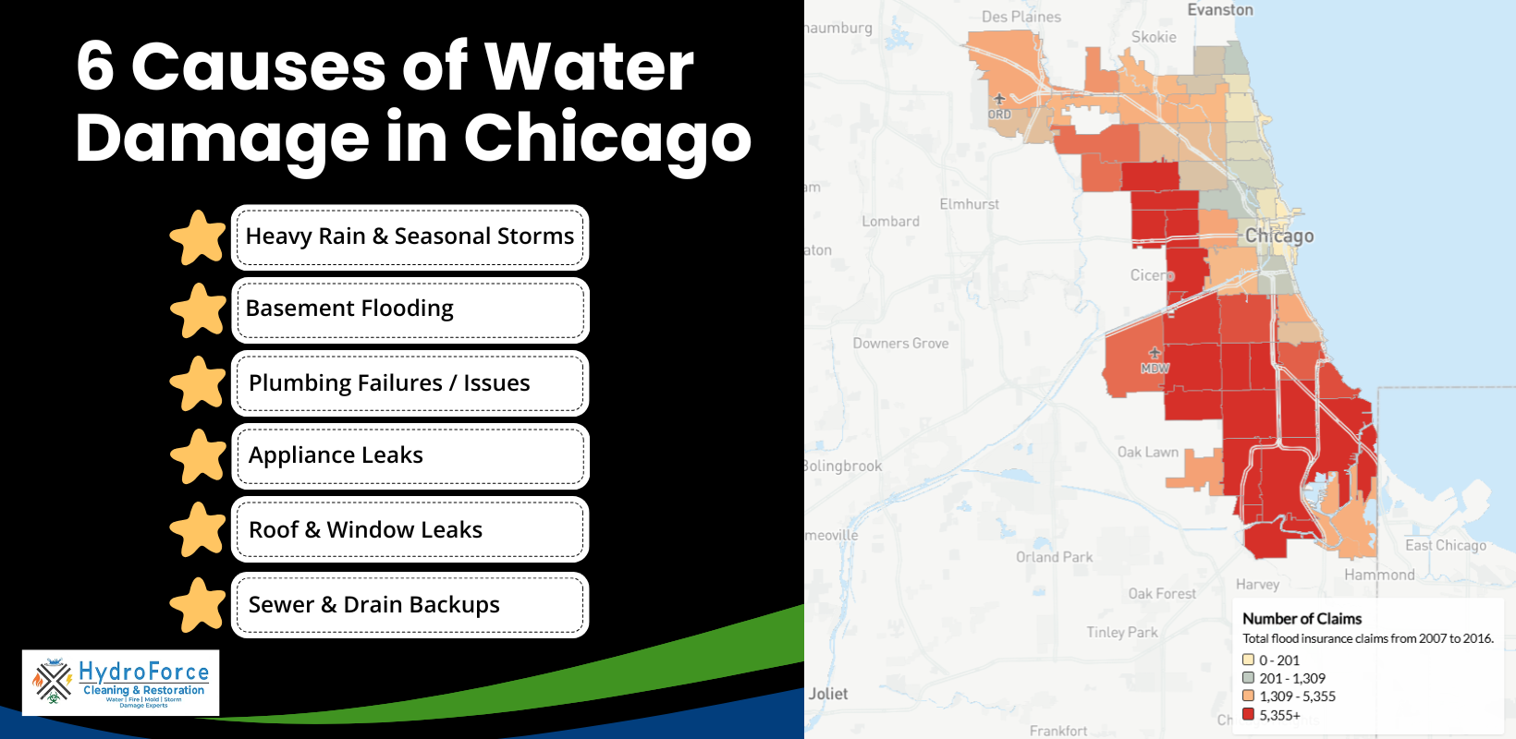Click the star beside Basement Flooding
(x=199, y=310)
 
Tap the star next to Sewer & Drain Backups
(x=199, y=605)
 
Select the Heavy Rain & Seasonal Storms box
(x=410, y=236)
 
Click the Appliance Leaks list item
(x=410, y=455)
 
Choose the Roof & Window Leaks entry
(x=410, y=529)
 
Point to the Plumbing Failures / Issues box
(x=410, y=382)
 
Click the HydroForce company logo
(x=121, y=683)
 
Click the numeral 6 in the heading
(x=95, y=67)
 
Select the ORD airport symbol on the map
(x=998, y=99)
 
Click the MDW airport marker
(x=1154, y=353)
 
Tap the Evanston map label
(x=1220, y=10)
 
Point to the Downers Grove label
(x=900, y=344)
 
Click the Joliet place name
(x=827, y=694)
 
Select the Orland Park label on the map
(x=1054, y=557)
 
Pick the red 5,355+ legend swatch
(x=1248, y=714)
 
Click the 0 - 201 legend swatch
(x=1248, y=660)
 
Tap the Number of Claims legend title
(x=1302, y=619)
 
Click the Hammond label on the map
(x=1379, y=575)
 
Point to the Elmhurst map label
(x=969, y=204)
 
